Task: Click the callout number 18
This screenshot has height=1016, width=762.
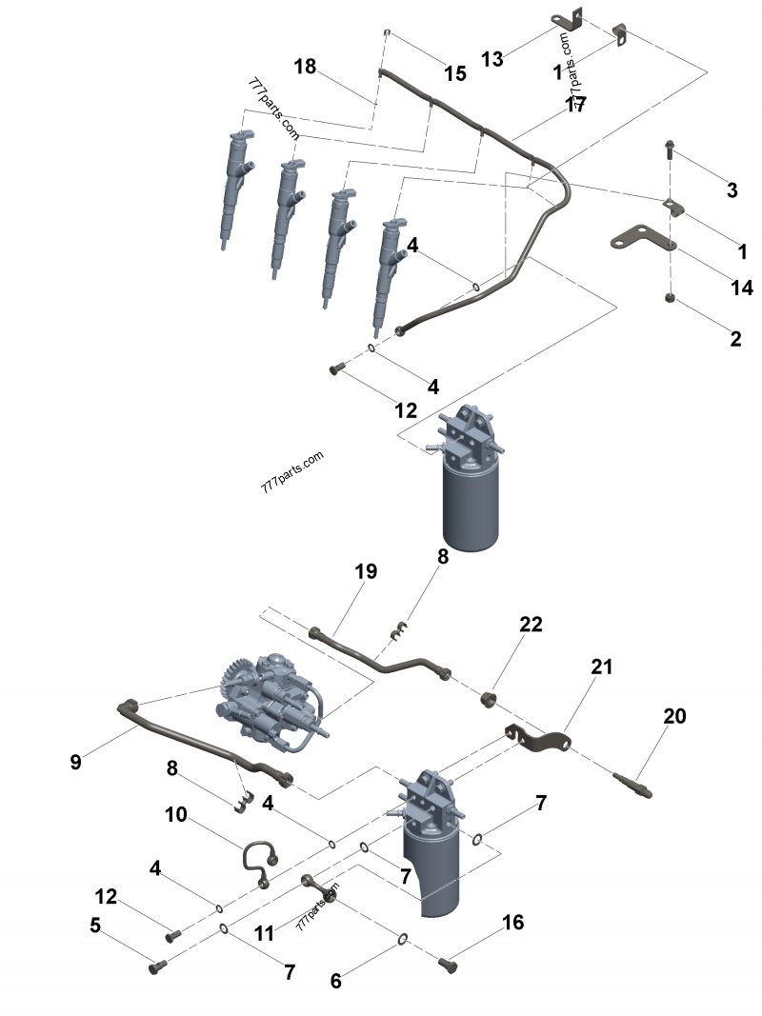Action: click(305, 67)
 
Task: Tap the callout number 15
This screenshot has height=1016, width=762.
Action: click(455, 73)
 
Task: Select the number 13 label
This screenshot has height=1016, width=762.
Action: click(491, 59)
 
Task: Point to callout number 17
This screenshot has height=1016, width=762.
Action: click(575, 106)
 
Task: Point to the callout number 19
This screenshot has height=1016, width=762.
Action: click(366, 571)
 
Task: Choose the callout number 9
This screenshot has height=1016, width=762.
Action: click(77, 762)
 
